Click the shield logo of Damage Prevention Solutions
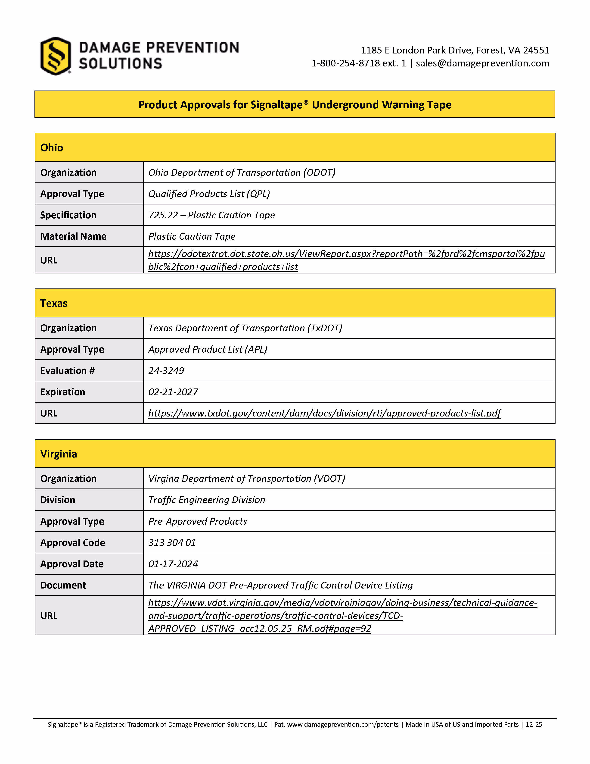56,56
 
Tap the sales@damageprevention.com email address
482,63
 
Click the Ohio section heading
52,148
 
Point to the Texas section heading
54,303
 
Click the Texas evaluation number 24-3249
166,371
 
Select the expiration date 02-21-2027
173,392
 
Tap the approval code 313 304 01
172,543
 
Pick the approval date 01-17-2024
173,564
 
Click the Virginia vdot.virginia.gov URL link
342,603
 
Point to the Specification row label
68,215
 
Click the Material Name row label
73,236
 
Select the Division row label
58,500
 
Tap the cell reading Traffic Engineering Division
207,500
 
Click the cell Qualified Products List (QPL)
209,194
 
